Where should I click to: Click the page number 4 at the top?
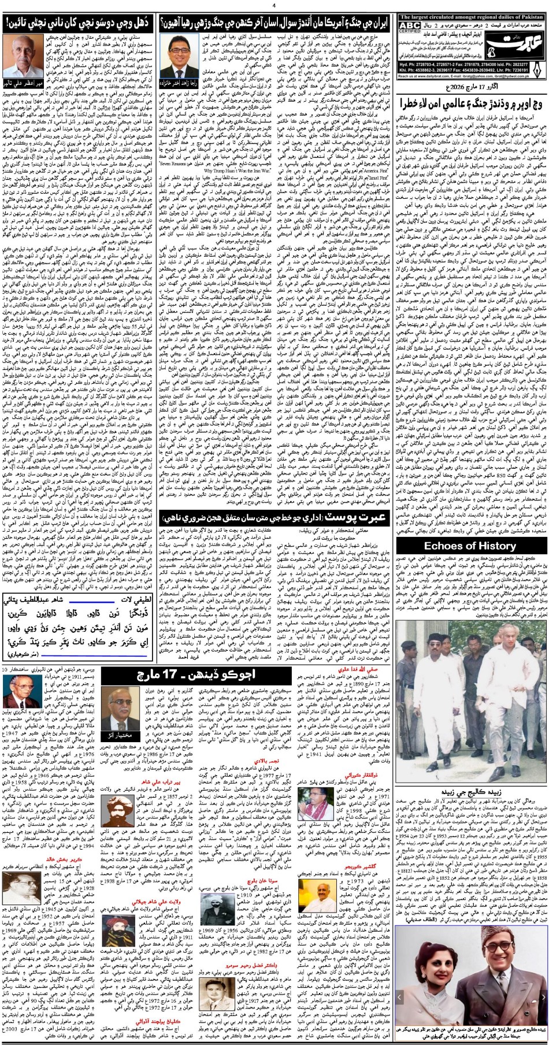274,5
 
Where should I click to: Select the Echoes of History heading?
470,545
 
